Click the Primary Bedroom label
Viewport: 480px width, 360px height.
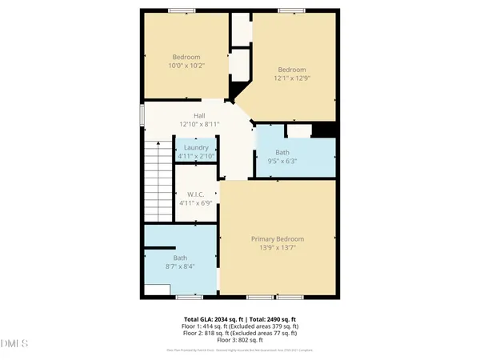(278, 238)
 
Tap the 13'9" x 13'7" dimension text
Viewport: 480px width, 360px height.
(278, 248)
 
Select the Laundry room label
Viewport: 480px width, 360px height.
(196, 148)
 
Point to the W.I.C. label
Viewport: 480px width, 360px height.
(196, 194)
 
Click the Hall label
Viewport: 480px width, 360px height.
(188, 116)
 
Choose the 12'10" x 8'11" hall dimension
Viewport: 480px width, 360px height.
(188, 125)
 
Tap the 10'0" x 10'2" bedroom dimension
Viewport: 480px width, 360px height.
(188, 66)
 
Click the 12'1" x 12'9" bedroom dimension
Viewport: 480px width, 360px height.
(292, 78)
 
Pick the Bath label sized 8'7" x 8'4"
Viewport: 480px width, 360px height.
(180, 258)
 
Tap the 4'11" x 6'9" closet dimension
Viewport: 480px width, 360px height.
(196, 204)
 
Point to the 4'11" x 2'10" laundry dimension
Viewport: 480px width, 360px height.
(196, 157)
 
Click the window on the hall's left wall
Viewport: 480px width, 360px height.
(142, 114)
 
